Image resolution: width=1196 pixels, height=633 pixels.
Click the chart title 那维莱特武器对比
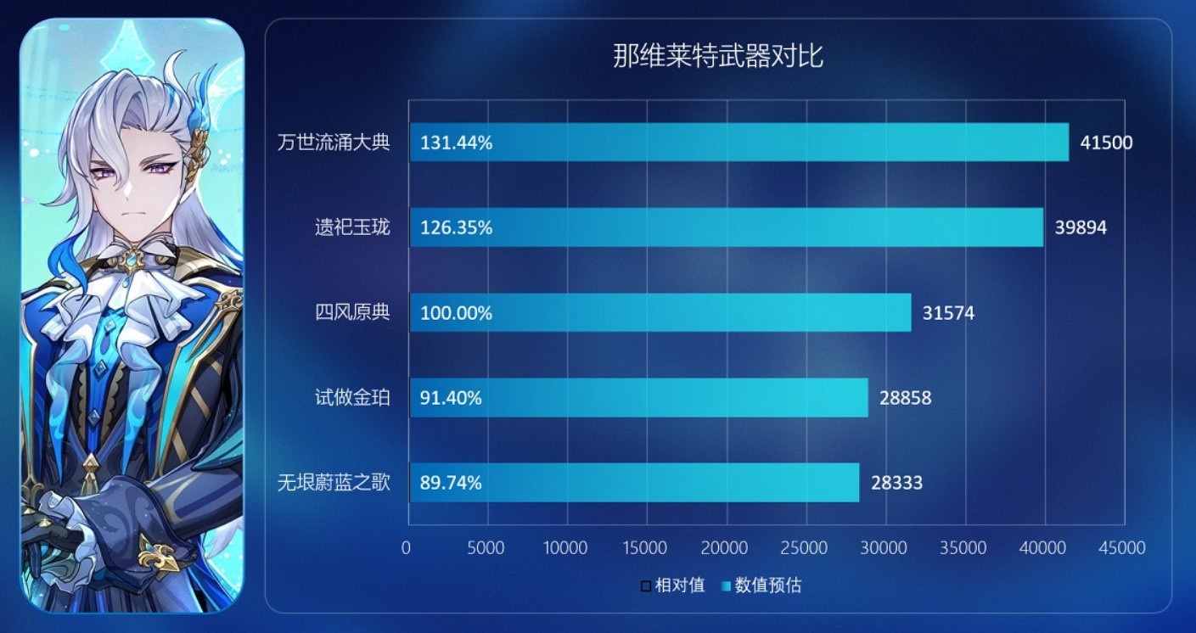(x=718, y=57)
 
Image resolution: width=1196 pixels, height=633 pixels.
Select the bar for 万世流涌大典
(x=738, y=143)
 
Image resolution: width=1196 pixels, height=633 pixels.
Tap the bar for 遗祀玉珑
(x=726, y=227)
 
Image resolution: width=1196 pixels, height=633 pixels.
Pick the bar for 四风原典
(x=660, y=313)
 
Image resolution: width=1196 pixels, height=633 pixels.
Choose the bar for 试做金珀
(x=638, y=398)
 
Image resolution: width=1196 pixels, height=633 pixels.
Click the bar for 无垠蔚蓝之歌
(x=634, y=483)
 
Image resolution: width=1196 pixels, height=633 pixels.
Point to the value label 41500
(x=1106, y=143)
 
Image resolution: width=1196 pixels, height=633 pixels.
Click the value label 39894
(x=1081, y=227)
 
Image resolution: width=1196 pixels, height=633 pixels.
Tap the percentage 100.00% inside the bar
(x=456, y=313)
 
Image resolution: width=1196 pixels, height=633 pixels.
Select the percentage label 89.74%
(x=451, y=483)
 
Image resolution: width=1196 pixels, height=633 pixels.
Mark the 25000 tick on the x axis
(x=805, y=548)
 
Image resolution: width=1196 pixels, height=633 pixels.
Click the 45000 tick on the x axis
(x=1123, y=548)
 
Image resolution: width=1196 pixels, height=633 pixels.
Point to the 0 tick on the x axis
(x=406, y=548)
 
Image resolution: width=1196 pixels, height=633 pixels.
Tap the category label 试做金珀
(x=352, y=397)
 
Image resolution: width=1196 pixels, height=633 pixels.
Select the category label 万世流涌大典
(x=334, y=142)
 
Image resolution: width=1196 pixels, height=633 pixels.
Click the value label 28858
(x=905, y=398)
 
